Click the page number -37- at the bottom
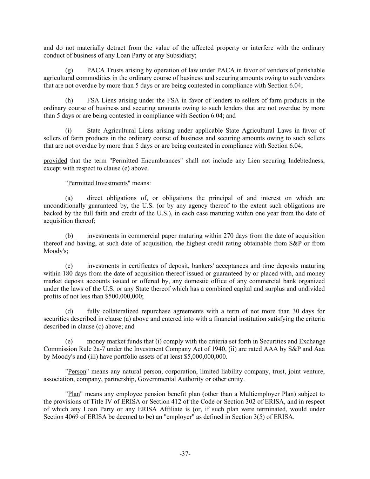[185, 454]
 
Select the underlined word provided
[55, 161]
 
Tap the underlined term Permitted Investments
[97, 183]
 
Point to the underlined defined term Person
[77, 372]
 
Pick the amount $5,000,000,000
[205, 357]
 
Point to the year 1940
[218, 349]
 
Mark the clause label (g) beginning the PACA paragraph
[69, 70]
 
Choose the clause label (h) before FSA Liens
[69, 100]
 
